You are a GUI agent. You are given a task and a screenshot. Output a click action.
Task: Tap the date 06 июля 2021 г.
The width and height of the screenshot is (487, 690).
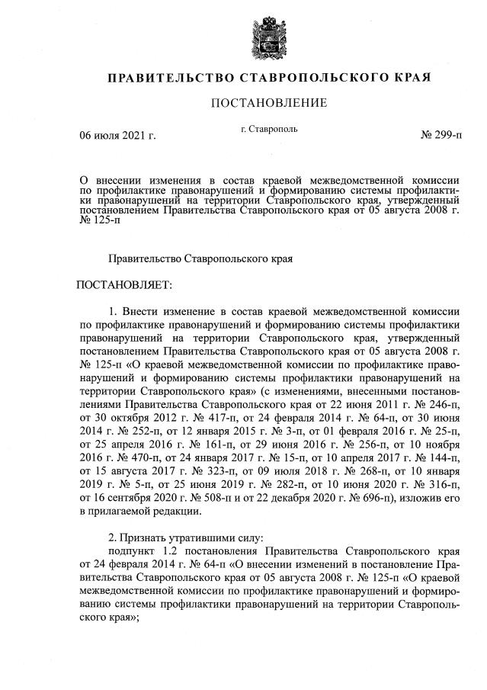118,136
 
